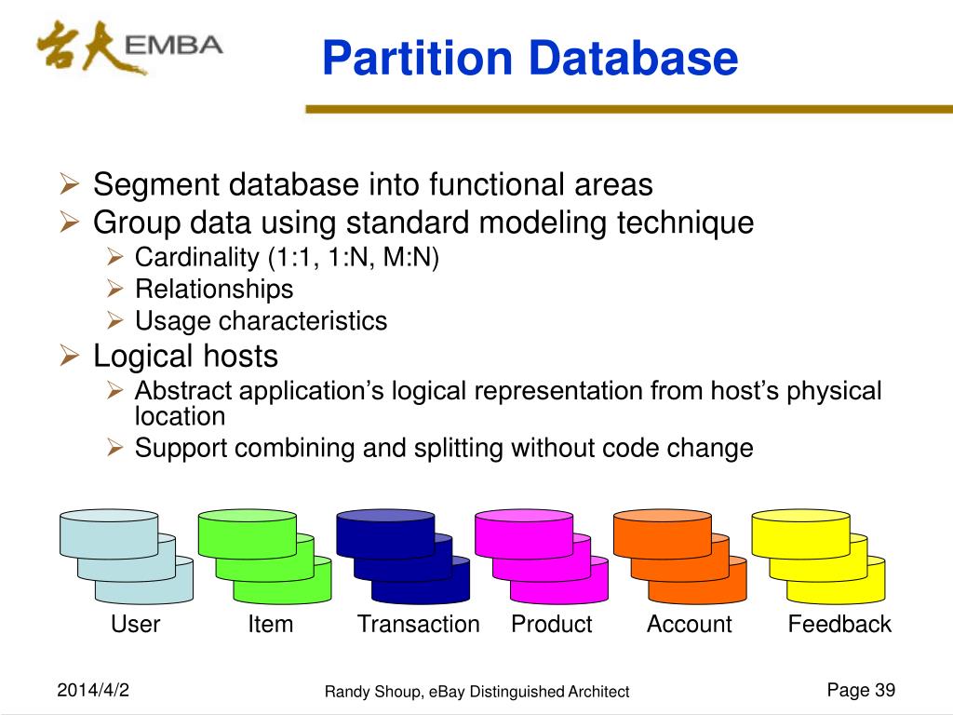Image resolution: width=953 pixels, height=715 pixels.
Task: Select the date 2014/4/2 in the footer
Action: click(x=93, y=690)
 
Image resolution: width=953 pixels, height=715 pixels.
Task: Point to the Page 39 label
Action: click(x=860, y=690)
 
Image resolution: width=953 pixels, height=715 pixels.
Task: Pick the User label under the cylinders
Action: click(x=135, y=624)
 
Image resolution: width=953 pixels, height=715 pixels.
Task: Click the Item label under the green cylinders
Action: click(x=270, y=624)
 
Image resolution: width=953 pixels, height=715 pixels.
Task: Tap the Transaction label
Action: click(x=418, y=624)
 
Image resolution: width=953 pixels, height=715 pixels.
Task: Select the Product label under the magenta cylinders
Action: click(x=551, y=624)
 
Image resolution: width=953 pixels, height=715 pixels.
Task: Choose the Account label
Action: click(x=689, y=624)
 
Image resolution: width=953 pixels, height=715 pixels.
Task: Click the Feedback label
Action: click(x=839, y=624)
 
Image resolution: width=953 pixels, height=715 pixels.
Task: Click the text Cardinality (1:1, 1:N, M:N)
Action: click(x=286, y=257)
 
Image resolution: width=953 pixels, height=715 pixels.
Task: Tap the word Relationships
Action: click(x=214, y=289)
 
